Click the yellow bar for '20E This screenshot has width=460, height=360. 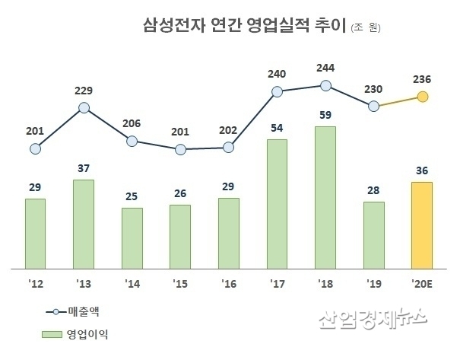tap(422, 225)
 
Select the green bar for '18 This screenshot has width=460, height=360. tap(325, 198)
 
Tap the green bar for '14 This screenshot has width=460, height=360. tap(132, 238)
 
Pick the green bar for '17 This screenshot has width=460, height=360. tap(277, 204)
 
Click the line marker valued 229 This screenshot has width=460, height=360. tap(84, 108)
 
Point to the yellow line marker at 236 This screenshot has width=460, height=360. tap(423, 97)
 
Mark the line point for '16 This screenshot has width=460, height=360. tap(229, 147)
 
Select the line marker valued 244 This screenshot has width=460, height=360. tap(325, 86)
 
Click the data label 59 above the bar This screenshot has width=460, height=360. tap(325, 116)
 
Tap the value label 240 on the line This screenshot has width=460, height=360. tap(278, 74)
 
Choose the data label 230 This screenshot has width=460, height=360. tap(373, 88)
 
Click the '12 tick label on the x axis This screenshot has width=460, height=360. tap(35, 283)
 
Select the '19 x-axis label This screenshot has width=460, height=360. tap(373, 283)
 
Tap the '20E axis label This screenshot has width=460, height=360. tap(422, 283)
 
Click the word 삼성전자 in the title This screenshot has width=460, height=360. tap(168, 27)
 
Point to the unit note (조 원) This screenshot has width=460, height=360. tap(366, 28)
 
